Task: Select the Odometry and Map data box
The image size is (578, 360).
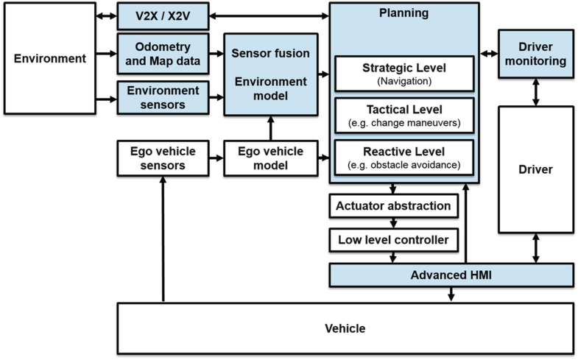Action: point(163,53)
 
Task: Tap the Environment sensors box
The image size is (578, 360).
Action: point(163,96)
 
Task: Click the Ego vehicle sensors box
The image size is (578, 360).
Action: point(163,158)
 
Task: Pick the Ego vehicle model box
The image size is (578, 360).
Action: point(270,158)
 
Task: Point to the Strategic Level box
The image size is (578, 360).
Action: point(404,74)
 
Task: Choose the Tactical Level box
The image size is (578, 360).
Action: point(404,116)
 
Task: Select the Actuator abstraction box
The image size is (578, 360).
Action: point(393,205)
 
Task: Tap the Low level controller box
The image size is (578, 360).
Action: point(393,239)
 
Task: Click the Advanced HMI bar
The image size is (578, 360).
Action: point(450,275)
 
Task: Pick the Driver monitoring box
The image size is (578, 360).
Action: point(535,53)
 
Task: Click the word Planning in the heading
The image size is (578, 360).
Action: point(403,13)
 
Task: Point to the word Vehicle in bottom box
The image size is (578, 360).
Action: point(345,328)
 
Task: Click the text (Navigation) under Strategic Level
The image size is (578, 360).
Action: point(404,81)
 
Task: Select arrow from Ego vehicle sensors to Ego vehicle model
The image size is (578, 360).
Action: point(216,158)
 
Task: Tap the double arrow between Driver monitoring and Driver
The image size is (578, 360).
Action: point(535,90)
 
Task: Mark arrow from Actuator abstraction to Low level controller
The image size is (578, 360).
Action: point(393,222)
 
